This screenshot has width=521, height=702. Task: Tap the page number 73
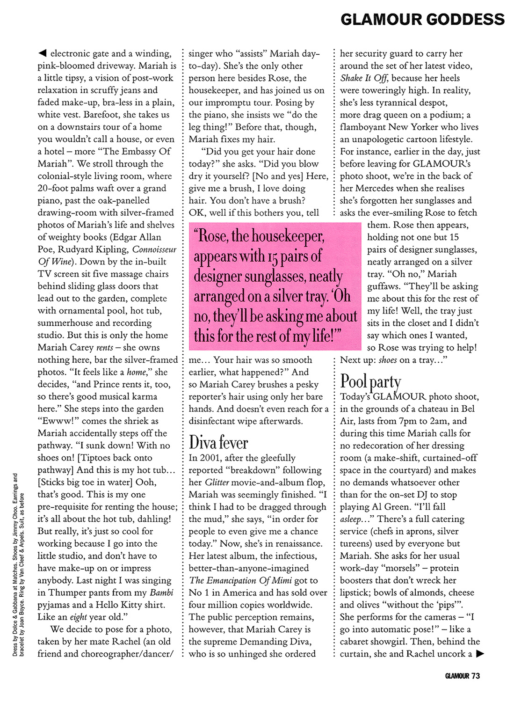(476, 676)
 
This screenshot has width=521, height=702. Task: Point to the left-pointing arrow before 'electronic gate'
(42, 53)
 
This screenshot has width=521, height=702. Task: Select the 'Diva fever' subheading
(218, 442)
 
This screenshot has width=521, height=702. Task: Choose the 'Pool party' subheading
(370, 382)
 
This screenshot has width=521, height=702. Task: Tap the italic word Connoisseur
(154, 249)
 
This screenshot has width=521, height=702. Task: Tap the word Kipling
(110, 249)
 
